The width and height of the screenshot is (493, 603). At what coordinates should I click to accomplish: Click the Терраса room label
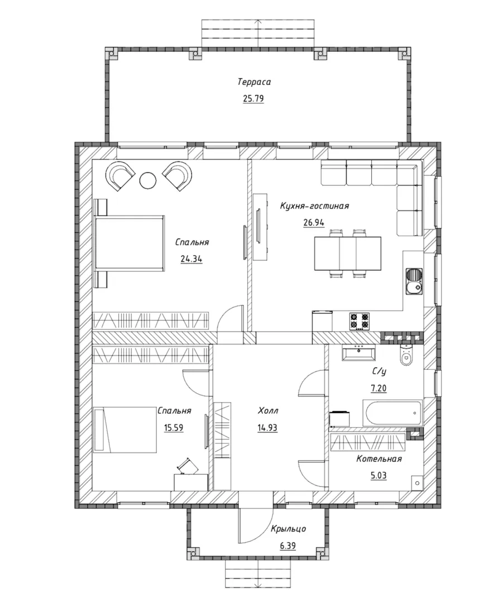pyautogui.click(x=254, y=82)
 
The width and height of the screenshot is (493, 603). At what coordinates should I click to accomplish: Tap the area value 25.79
pyautogui.click(x=253, y=99)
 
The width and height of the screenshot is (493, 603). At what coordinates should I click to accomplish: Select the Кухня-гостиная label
pyautogui.click(x=314, y=205)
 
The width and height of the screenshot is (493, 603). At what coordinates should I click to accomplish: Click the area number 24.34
pyautogui.click(x=192, y=259)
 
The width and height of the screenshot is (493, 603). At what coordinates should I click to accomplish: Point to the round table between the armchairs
pyautogui.click(x=147, y=180)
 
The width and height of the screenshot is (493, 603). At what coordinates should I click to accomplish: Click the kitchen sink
pyautogui.click(x=414, y=282)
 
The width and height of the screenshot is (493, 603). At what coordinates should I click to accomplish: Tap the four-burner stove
pyautogui.click(x=360, y=322)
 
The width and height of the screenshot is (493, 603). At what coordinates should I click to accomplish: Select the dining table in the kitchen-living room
pyautogui.click(x=348, y=253)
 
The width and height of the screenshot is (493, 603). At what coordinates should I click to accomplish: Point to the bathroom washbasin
pyautogui.click(x=359, y=353)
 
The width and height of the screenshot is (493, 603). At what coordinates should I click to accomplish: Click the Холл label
pyautogui.click(x=268, y=411)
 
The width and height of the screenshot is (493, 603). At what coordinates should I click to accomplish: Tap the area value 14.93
pyautogui.click(x=267, y=428)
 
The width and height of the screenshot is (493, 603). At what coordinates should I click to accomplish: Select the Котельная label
pyautogui.click(x=379, y=459)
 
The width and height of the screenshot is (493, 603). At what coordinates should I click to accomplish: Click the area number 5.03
pyautogui.click(x=379, y=476)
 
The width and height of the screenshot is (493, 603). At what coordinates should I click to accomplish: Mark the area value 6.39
pyautogui.click(x=288, y=545)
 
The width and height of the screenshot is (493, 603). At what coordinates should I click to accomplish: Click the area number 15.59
pyautogui.click(x=174, y=428)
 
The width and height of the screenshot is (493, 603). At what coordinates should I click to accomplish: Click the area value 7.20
pyautogui.click(x=379, y=389)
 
